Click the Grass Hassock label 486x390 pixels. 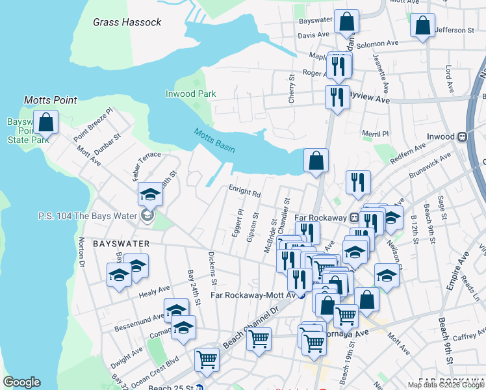point(127,22)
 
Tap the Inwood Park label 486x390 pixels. point(190,94)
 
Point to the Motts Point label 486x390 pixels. point(51,100)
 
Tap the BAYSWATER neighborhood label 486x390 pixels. point(122,244)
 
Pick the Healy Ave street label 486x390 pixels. point(155,291)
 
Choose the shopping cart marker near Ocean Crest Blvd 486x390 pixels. point(207,359)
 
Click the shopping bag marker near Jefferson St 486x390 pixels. point(422,27)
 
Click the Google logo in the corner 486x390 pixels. point(21,382)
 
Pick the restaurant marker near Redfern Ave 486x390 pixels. point(358,183)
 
